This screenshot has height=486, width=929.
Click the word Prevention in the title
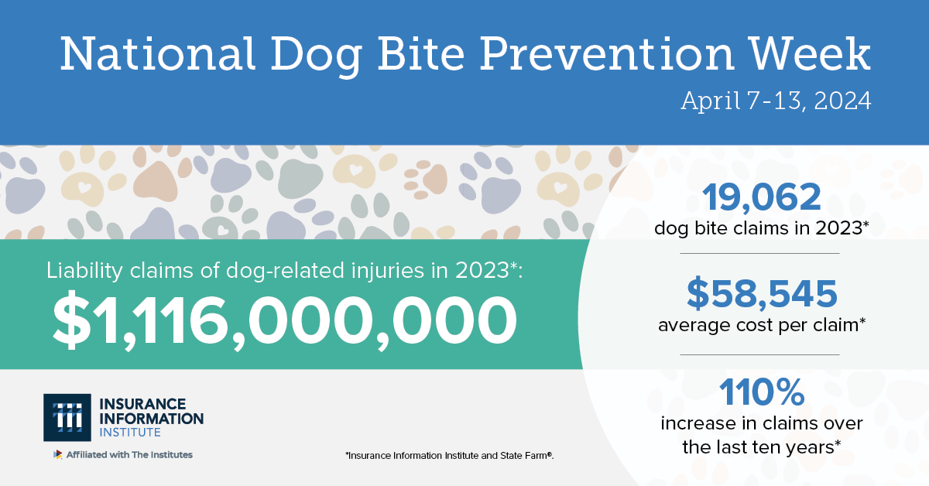607,54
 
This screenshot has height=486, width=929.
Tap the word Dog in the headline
317,56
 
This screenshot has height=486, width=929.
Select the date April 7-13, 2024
776,101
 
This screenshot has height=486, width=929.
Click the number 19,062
761,198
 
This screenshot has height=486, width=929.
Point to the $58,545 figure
762,293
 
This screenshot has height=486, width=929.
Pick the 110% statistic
762,392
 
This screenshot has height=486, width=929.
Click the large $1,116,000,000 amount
285,320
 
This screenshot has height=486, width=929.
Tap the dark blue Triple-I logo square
67,417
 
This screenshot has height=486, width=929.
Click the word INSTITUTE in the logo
130,433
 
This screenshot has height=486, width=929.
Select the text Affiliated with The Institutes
129,455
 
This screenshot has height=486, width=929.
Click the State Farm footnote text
449,456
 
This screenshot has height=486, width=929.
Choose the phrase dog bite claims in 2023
759,228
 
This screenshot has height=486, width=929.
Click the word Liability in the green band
84,271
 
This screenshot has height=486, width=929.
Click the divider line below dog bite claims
759,253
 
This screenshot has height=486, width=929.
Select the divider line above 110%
759,355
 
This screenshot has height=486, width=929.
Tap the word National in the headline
158,54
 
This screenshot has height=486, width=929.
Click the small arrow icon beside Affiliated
57,454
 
